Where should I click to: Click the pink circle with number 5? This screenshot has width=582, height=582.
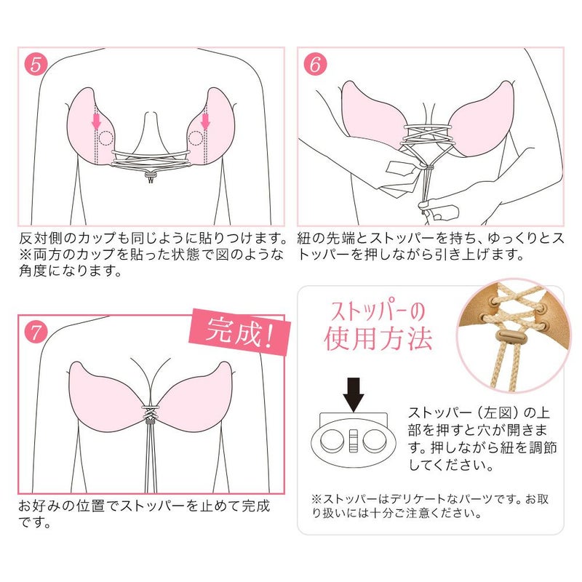[x=37, y=63]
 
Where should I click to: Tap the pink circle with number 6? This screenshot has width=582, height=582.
[x=314, y=63]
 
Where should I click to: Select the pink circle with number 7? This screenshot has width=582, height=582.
[x=37, y=332]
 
